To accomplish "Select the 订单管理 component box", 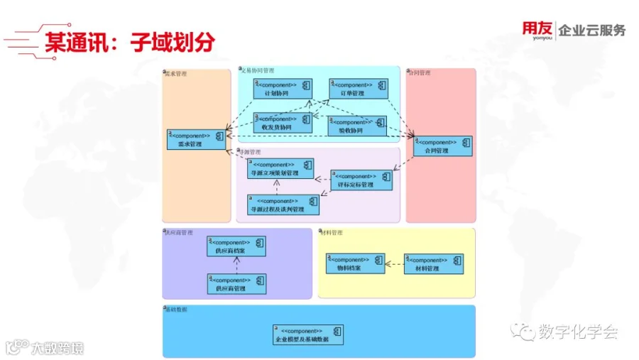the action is pyautogui.click(x=358, y=89).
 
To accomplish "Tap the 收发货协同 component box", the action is pyautogui.click(x=282, y=123).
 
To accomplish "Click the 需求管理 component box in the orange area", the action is pyautogui.click(x=196, y=139).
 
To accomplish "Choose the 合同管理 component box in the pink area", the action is pyautogui.click(x=442, y=146).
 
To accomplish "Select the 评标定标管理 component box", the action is pyautogui.click(x=361, y=180).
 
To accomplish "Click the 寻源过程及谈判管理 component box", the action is pyautogui.click(x=283, y=205).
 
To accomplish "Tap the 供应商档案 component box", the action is pyautogui.click(x=236, y=246).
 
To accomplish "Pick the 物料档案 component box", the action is pyautogui.click(x=355, y=263).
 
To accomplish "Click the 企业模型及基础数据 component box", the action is pyautogui.click(x=307, y=335).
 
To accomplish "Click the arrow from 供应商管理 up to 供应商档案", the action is pyautogui.click(x=237, y=265).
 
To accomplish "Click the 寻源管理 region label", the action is pyautogui.click(x=251, y=152).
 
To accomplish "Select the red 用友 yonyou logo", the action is pyautogui.click(x=537, y=31).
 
